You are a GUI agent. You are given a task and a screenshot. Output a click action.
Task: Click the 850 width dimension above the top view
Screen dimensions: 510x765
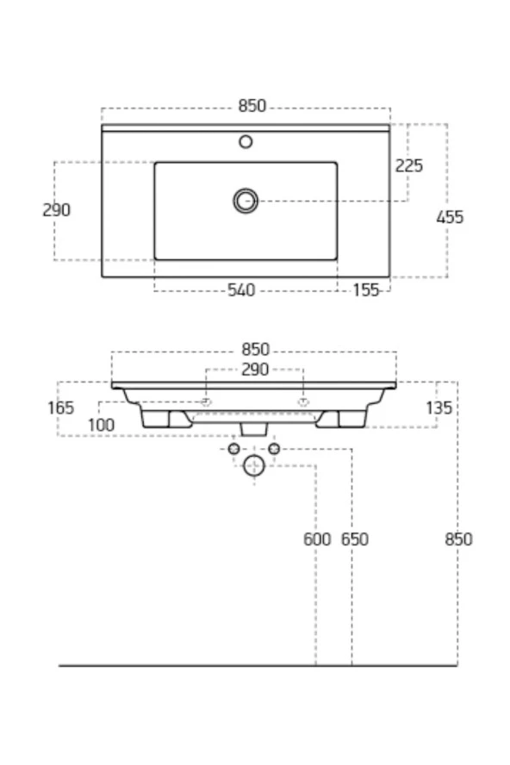pyautogui.click(x=252, y=106)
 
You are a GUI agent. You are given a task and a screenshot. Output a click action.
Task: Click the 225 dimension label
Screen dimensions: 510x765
pyautogui.click(x=408, y=166)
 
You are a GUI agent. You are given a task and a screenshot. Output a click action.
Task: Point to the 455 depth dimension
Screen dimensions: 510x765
pyautogui.click(x=450, y=217)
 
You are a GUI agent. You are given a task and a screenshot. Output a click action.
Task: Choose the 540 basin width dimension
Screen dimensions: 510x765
pyautogui.click(x=241, y=290)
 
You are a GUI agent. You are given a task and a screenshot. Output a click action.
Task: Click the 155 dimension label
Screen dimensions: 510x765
pyautogui.click(x=366, y=290)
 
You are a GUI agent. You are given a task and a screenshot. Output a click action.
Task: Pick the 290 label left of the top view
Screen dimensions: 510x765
pyautogui.click(x=56, y=210)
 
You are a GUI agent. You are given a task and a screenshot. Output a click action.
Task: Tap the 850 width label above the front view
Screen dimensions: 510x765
pyautogui.click(x=255, y=349)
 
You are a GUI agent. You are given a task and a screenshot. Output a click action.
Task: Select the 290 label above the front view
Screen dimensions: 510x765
pyautogui.click(x=255, y=370)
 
